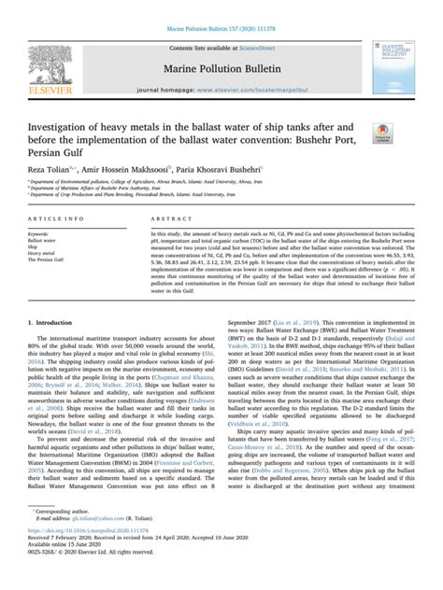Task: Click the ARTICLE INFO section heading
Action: [56, 219]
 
